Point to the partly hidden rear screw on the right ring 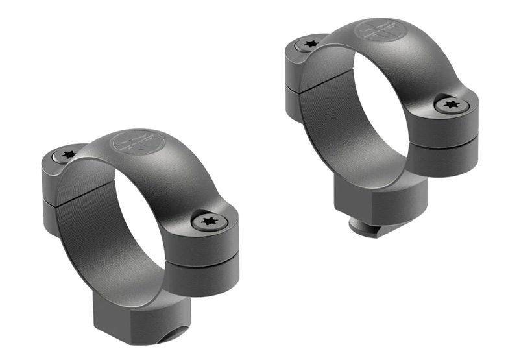(308, 44)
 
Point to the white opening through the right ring (383, 104)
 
